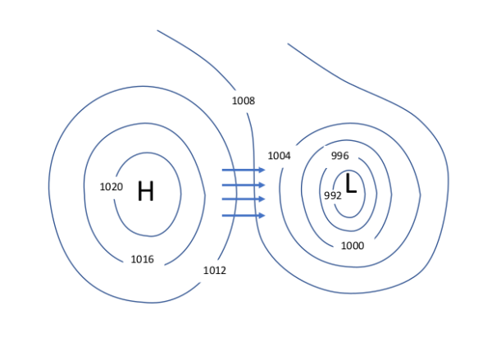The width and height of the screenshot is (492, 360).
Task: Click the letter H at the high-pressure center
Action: (x=146, y=191)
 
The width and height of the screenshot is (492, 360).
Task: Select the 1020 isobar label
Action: (x=112, y=187)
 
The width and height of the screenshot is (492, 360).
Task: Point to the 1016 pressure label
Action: (x=143, y=260)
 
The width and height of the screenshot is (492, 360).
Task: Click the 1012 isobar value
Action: (x=215, y=271)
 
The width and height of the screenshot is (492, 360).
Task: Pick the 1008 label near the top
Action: (x=244, y=101)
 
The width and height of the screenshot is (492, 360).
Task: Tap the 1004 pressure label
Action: (x=280, y=156)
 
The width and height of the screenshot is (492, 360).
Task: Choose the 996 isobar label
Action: (x=340, y=156)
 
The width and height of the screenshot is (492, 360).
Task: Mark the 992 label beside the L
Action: (x=333, y=195)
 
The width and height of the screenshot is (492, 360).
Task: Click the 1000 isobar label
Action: (x=353, y=246)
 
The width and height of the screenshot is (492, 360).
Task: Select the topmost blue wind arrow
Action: (x=243, y=171)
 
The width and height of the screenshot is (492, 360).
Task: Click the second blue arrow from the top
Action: (x=243, y=185)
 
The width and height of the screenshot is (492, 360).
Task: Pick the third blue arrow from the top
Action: (x=243, y=199)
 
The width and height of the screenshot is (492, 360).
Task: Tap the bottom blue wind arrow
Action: (x=243, y=216)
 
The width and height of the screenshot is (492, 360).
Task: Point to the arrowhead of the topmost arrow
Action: (x=261, y=171)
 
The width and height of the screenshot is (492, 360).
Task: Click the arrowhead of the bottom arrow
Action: (x=261, y=216)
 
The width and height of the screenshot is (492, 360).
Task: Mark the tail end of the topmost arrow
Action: (x=224, y=171)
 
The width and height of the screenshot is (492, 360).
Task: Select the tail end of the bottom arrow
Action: (x=224, y=216)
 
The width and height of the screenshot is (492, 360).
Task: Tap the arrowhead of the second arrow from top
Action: (x=261, y=185)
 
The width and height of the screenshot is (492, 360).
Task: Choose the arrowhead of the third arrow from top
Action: (x=261, y=199)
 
